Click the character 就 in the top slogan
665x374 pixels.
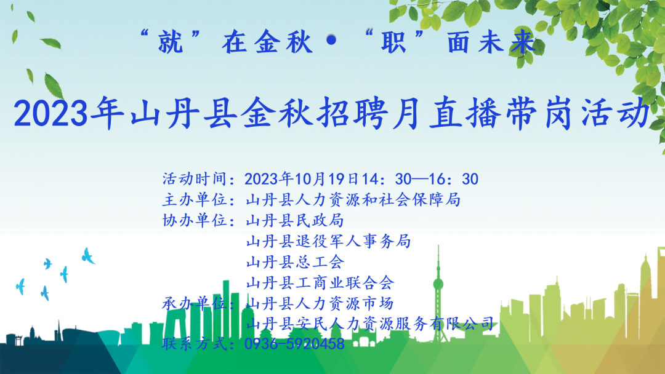[x=171, y=42]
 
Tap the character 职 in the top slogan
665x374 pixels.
[x=394, y=42]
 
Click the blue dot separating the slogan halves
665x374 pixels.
[x=332, y=41]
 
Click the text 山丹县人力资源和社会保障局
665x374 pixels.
[x=353, y=199]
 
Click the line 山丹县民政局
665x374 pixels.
[x=295, y=220]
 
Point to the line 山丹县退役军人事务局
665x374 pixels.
[x=328, y=241]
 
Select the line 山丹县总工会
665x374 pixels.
[x=295, y=262]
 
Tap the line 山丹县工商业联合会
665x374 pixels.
[x=320, y=282]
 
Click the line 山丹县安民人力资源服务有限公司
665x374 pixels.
[x=370, y=324]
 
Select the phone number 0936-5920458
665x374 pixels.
[x=295, y=344]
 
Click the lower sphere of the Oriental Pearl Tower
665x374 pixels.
[x=438, y=284]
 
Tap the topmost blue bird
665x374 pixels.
[x=88, y=255]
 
